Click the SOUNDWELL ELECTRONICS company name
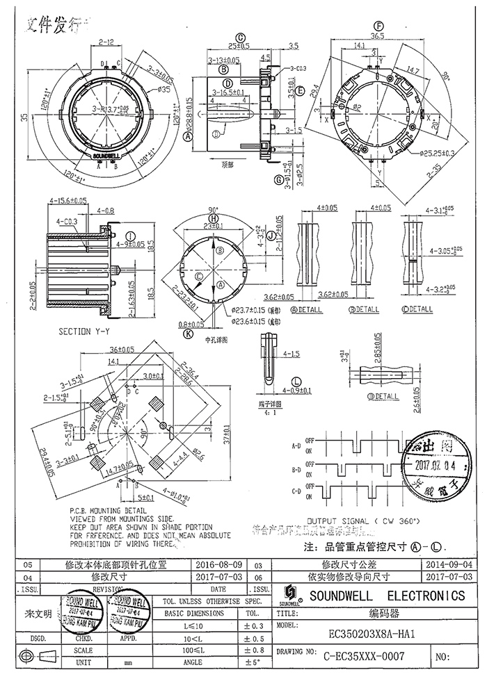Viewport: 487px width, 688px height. (387, 596)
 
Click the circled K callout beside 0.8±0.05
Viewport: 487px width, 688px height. (189, 334)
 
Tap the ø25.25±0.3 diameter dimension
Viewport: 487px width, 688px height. (417, 152)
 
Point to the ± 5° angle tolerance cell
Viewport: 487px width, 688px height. (251, 662)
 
